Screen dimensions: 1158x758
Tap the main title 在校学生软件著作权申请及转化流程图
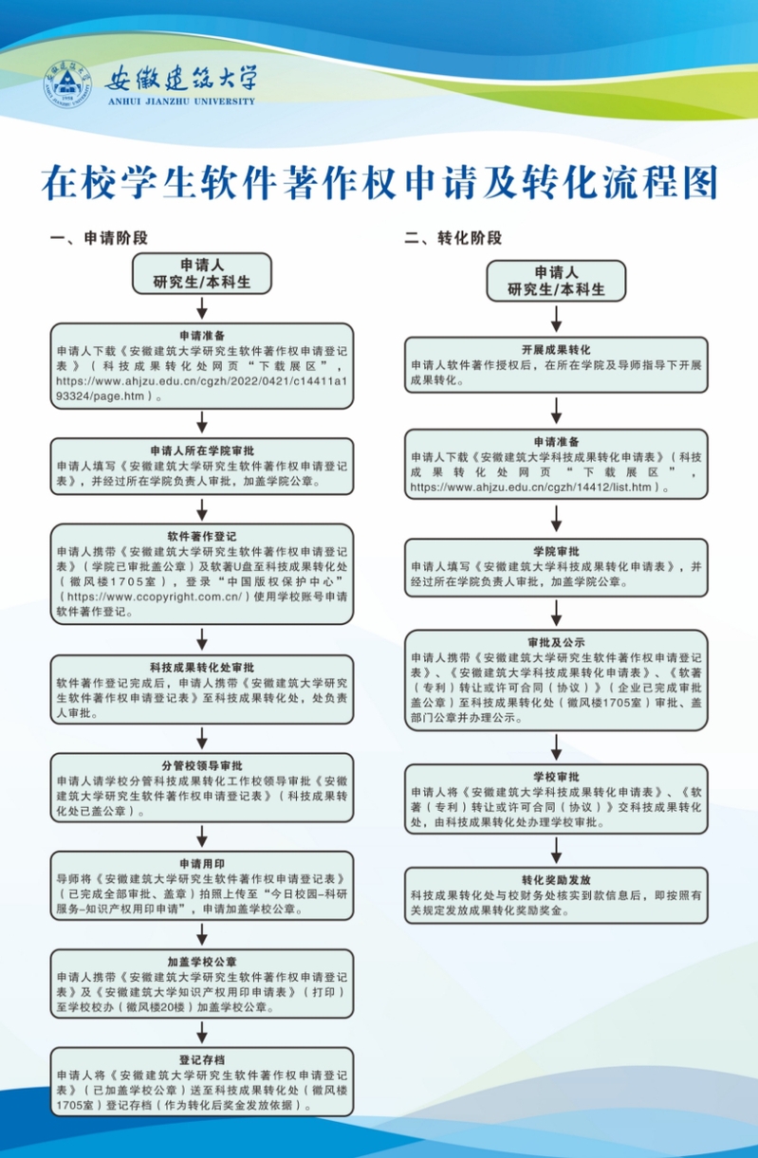379,181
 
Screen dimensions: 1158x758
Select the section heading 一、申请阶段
99,238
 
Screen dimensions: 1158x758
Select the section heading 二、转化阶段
453,238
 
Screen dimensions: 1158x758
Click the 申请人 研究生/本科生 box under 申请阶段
201,273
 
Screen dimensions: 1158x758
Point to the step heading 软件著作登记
201,534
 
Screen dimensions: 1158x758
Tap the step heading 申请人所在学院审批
201,450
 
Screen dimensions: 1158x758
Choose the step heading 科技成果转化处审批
201,666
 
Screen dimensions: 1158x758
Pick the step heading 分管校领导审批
201,765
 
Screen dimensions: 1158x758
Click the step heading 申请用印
201,863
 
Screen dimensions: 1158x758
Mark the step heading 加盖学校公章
201,961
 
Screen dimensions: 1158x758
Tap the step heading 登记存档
201,1059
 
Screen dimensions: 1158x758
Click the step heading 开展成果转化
556,349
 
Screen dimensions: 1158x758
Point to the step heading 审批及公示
556,641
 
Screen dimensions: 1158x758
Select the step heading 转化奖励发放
556,879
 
